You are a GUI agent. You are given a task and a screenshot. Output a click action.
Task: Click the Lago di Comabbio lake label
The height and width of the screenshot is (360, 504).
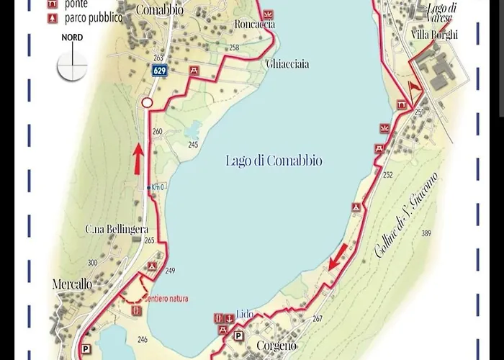click(x=274, y=161)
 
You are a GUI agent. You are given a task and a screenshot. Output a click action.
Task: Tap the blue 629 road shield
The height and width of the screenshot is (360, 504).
click(x=160, y=71)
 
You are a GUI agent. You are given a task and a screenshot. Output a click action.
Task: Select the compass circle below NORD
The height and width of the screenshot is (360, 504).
click(x=72, y=66)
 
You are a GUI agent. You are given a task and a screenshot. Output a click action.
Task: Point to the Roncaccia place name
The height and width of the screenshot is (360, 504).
click(x=255, y=24)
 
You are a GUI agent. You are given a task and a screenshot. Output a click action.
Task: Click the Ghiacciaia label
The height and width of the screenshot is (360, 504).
click(x=288, y=64)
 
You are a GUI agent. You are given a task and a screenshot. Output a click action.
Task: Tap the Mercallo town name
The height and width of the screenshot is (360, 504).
click(x=72, y=284)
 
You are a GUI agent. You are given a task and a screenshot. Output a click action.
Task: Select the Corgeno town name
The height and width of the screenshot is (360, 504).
click(x=277, y=346)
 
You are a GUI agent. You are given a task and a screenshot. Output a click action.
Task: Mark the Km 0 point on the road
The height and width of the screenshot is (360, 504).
click(x=149, y=188)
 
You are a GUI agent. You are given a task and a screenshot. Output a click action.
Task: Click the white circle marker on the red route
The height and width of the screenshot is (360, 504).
click(x=147, y=103)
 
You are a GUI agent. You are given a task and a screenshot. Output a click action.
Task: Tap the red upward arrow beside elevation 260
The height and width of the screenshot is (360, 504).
click(x=137, y=158)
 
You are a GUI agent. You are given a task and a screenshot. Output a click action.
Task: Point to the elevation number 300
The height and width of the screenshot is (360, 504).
click(x=92, y=263)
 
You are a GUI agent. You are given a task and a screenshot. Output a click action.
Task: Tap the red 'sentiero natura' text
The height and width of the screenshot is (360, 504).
click(x=165, y=298)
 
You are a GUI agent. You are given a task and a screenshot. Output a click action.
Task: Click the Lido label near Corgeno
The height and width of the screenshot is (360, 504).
click(x=245, y=315)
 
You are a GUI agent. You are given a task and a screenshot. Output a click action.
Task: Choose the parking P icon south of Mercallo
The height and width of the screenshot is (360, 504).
click(x=86, y=348)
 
